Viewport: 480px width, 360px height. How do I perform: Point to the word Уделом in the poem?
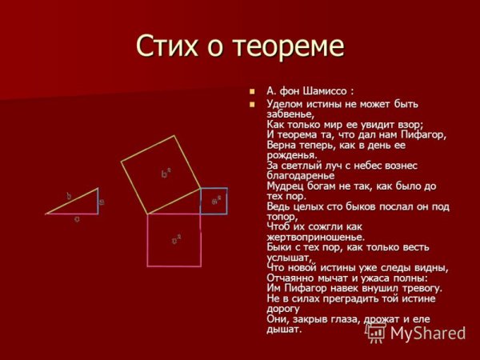(x=284, y=104)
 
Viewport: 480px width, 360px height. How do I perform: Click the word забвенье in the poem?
(x=290, y=114)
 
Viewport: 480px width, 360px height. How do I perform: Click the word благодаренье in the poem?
(x=301, y=175)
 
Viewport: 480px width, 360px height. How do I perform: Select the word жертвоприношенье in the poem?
(x=315, y=237)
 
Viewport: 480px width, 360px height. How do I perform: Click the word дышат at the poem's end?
(x=284, y=329)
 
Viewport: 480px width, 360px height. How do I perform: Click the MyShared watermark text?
(x=427, y=333)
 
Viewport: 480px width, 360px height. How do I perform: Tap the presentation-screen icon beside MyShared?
(x=375, y=332)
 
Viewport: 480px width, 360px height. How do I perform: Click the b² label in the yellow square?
(x=166, y=172)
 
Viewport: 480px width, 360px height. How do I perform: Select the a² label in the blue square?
(x=215, y=202)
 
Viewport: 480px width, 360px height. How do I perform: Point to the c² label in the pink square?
(x=176, y=238)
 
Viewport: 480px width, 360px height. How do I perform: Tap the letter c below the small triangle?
(x=77, y=218)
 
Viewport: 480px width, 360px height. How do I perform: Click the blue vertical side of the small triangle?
(x=98, y=201)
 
